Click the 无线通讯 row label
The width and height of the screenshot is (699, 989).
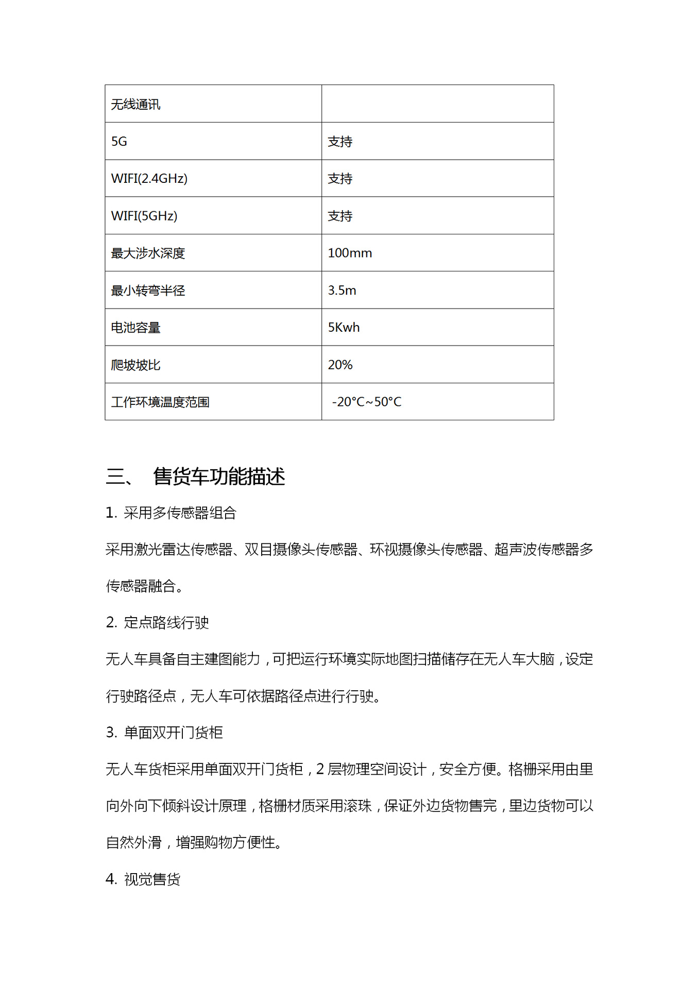(x=135, y=105)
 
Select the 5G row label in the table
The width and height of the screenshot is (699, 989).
(x=119, y=142)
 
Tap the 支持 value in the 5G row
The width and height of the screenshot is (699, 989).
(x=340, y=142)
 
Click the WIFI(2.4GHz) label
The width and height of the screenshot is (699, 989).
(x=149, y=179)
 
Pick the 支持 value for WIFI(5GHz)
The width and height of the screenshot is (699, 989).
(x=340, y=216)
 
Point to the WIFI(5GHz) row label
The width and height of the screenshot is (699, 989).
(x=144, y=216)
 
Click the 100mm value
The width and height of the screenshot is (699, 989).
(x=350, y=253)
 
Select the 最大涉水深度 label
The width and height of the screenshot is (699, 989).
(x=148, y=253)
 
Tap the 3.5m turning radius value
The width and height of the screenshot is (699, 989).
(x=342, y=291)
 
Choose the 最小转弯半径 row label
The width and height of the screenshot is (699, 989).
(x=148, y=291)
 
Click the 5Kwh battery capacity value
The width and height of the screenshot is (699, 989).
(x=344, y=328)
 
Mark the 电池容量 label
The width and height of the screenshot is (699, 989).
(x=135, y=328)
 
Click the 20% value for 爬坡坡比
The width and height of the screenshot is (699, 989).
(x=340, y=365)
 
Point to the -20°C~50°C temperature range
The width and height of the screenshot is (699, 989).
(x=366, y=402)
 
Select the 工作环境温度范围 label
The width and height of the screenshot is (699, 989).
(x=160, y=402)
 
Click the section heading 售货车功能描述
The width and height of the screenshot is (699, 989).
(x=218, y=476)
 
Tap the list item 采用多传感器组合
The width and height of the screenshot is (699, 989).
(x=179, y=513)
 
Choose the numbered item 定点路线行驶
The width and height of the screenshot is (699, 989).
(x=166, y=623)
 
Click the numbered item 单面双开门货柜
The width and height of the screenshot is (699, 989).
(x=173, y=732)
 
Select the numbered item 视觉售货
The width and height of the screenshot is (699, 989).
(x=152, y=879)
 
